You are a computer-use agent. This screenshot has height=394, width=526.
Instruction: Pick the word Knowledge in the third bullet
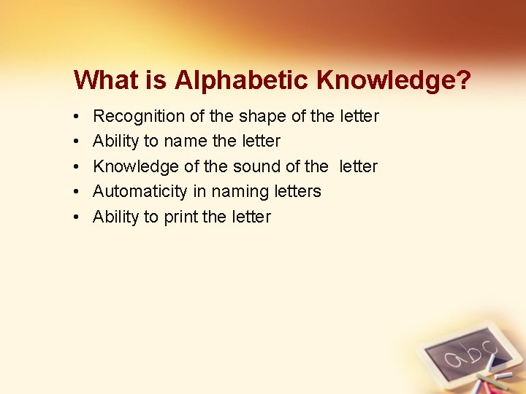click(136, 166)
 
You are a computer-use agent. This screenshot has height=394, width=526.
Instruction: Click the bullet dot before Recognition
click(77, 117)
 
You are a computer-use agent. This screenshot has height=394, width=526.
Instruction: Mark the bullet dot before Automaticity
click(77, 192)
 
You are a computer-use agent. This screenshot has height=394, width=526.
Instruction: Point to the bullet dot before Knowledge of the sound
click(77, 167)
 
